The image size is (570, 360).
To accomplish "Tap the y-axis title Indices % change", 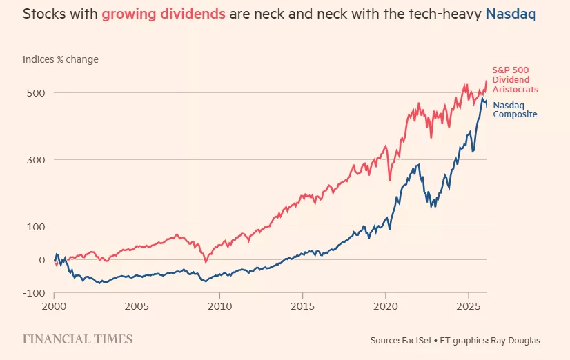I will pyautogui.click(x=60, y=59).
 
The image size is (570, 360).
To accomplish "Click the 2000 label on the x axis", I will pyautogui.click(x=55, y=305).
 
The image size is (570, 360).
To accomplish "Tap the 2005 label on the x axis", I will pyautogui.click(x=137, y=305).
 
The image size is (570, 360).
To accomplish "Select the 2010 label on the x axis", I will pyautogui.click(x=219, y=305).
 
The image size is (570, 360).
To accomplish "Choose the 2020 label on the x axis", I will pyautogui.click(x=386, y=305).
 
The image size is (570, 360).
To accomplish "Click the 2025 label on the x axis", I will pyautogui.click(x=469, y=305).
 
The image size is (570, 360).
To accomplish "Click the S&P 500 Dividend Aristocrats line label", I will pyautogui.click(x=514, y=80).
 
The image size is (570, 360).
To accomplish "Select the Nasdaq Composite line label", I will pyautogui.click(x=514, y=110).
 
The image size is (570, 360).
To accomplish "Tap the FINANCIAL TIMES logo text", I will pyautogui.click(x=77, y=339).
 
